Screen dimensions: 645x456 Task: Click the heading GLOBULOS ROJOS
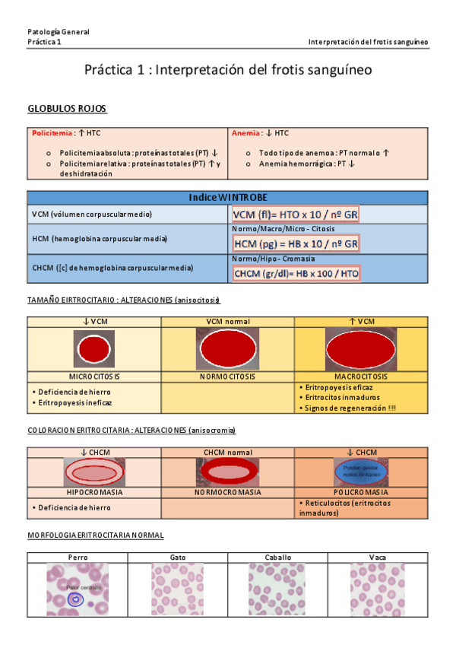[x=67, y=108]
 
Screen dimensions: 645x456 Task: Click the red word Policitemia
[x=50, y=133]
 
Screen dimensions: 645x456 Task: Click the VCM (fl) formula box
[x=295, y=215]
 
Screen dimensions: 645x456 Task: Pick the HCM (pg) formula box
[x=296, y=244]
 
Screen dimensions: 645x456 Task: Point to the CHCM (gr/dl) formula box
[x=296, y=273]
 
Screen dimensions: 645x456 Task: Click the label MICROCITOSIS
[x=94, y=377]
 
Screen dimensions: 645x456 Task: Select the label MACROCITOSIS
[x=361, y=377]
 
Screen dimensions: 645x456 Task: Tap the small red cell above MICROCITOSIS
[x=94, y=350]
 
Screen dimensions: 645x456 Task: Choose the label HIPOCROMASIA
[x=94, y=492]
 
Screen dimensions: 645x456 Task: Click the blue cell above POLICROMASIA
[x=361, y=472]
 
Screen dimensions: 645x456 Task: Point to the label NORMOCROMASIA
[x=227, y=492]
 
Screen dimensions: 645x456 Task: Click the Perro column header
[x=78, y=558]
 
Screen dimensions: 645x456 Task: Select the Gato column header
[x=178, y=558]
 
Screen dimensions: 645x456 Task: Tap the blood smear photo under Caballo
[x=277, y=589]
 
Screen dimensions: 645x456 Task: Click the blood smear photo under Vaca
[x=378, y=589]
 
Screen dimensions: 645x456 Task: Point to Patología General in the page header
[x=59, y=32]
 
